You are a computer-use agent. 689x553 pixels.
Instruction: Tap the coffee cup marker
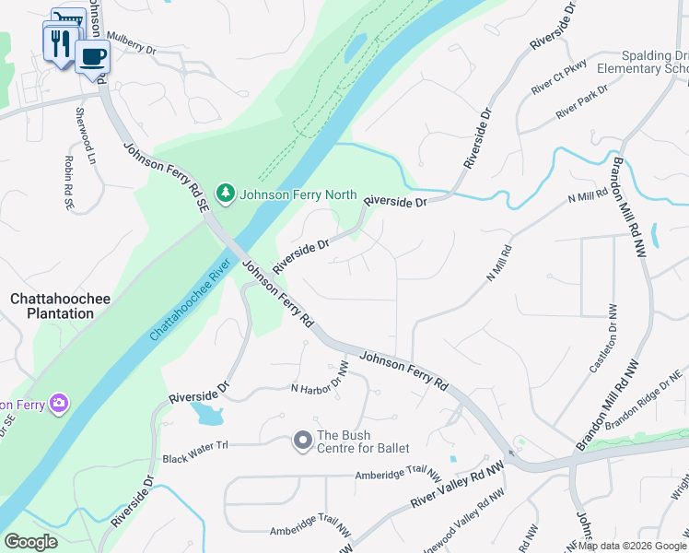pos(92,57)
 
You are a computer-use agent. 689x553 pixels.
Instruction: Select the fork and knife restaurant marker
pos(59,42)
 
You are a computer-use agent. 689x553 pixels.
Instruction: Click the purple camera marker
pos(60,403)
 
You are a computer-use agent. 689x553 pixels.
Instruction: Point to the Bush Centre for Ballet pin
pos(302,441)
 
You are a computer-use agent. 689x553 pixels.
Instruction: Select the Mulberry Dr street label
pos(133,40)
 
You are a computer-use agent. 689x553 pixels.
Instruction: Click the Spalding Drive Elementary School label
pos(643,62)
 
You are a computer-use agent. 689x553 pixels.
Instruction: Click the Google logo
pos(30,541)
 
